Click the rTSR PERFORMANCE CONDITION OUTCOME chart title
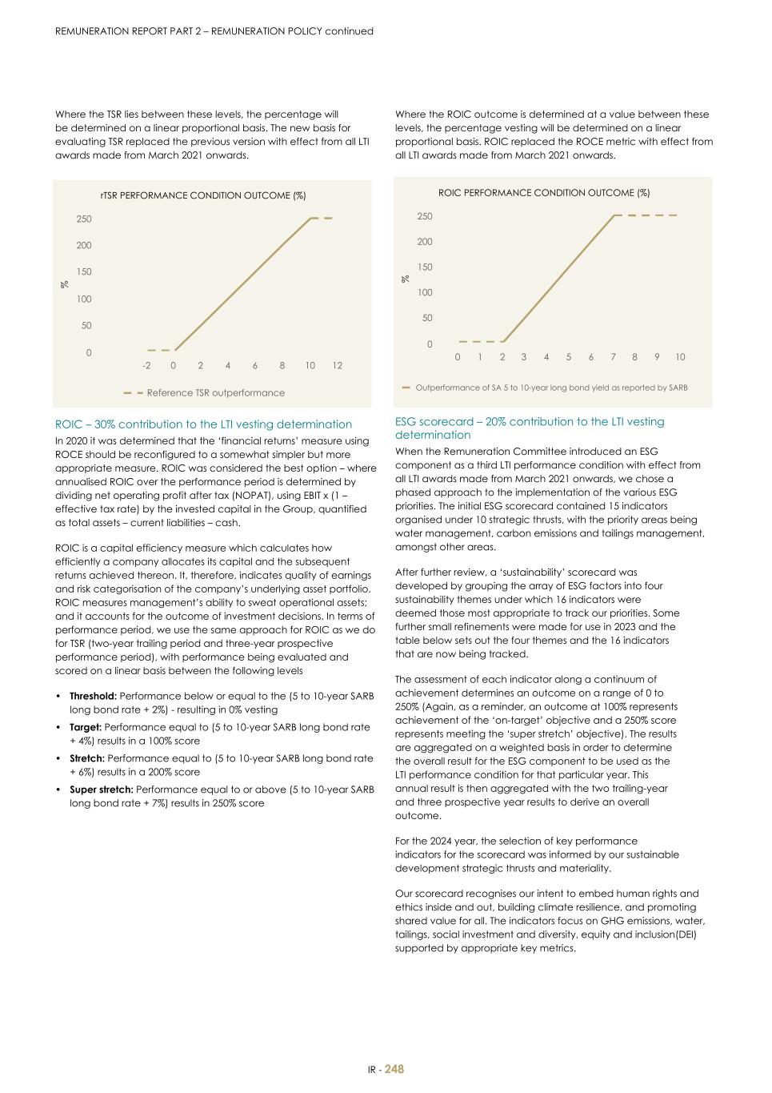[x=202, y=195]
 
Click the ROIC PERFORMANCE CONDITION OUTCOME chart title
[x=544, y=193]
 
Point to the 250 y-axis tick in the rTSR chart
[x=84, y=219]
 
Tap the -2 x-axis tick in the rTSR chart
[x=146, y=365]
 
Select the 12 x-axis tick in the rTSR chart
[x=337, y=365]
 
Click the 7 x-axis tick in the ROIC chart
[x=613, y=357]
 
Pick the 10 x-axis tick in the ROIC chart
[x=680, y=357]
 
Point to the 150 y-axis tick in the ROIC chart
[x=424, y=267]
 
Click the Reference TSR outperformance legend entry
[x=215, y=393]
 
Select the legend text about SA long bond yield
[x=551, y=388]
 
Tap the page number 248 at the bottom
[x=394, y=1069]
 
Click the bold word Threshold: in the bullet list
[x=93, y=697]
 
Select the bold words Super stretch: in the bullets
[x=102, y=790]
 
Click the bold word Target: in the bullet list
[x=86, y=727]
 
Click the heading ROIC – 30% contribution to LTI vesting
[x=203, y=424]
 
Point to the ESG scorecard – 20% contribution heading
[x=530, y=428]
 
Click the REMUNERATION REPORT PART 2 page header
[x=214, y=31]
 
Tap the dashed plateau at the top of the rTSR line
[x=322, y=218]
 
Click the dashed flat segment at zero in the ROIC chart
[x=480, y=342]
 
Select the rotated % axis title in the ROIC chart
[x=406, y=279]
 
